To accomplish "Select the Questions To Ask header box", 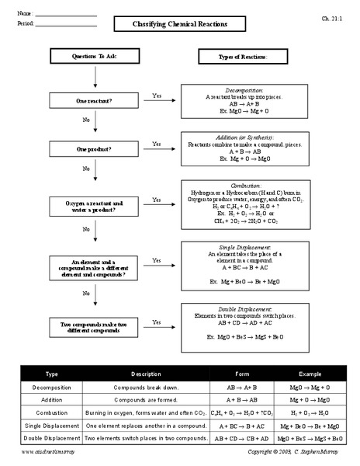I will [95, 56].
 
